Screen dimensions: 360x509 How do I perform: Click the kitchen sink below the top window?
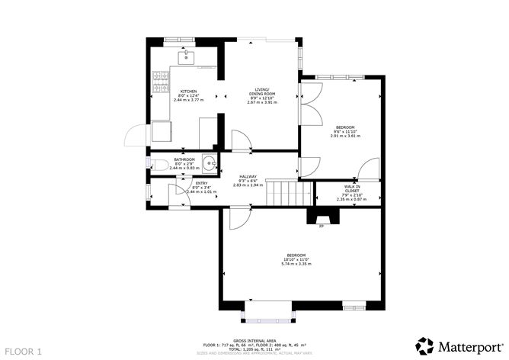[x=186, y=56]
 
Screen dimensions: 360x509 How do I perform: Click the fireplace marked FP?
[x=320, y=217]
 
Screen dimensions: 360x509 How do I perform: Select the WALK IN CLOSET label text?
[x=351, y=189]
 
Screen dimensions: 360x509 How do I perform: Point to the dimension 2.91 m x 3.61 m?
[x=345, y=136]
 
